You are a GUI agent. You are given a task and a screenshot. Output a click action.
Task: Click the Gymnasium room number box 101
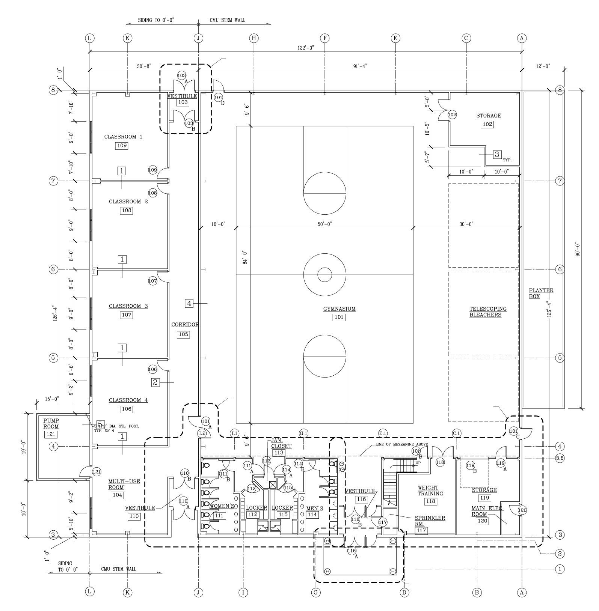(x=339, y=317)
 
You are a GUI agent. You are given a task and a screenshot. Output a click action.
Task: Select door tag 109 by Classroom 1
(x=152, y=170)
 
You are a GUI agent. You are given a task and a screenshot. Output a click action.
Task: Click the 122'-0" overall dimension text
(x=306, y=47)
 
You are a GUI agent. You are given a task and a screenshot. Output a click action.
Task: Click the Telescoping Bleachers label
(x=487, y=312)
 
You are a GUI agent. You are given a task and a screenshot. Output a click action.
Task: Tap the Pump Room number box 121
(x=51, y=434)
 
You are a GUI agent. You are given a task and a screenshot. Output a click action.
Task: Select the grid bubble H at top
(x=254, y=38)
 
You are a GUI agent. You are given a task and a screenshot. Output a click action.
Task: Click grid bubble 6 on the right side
(x=560, y=269)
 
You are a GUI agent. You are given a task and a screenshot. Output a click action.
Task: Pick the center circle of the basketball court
(x=324, y=275)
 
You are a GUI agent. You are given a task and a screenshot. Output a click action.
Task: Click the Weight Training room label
(x=430, y=491)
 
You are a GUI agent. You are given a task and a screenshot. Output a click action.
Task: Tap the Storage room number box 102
(x=487, y=124)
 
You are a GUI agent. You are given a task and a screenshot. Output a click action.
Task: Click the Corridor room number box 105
(x=183, y=334)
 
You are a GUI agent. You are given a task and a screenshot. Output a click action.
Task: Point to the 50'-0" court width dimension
(x=324, y=224)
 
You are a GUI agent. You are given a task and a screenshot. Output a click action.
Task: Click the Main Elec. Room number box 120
(x=482, y=521)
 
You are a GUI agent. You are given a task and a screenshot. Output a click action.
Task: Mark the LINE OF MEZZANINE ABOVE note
(x=401, y=444)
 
